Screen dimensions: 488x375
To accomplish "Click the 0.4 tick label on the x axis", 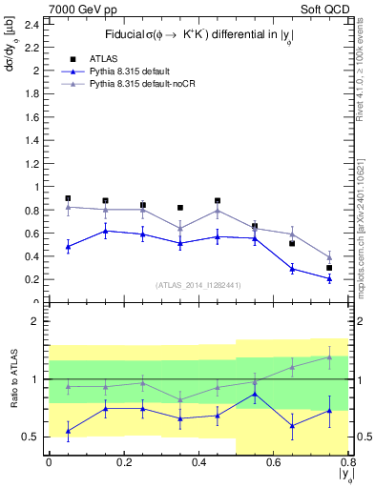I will click(198, 462).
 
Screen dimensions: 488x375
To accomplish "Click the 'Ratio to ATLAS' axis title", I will click(12, 380).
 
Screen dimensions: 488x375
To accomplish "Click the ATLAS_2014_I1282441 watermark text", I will click(199, 284).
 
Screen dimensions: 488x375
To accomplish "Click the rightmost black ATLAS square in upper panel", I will click(329, 268).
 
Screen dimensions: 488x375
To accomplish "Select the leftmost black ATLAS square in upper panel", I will click(68, 198).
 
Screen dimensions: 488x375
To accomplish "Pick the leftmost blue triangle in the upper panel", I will click(68, 246).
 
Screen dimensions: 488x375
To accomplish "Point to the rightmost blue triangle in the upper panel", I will click(329, 278).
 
